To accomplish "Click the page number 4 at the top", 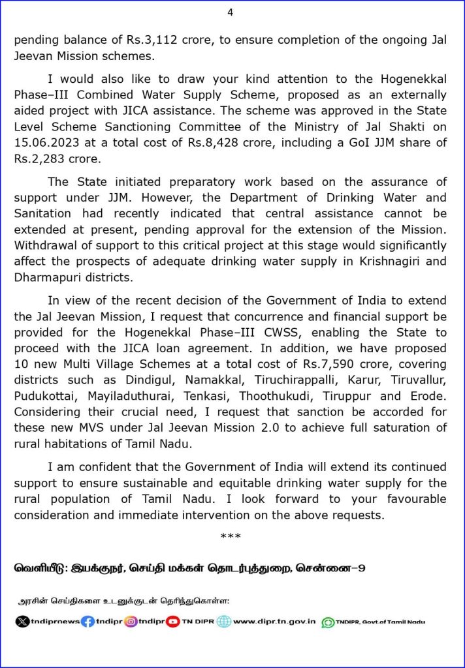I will click(x=230, y=12).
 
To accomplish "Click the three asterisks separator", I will click(x=231, y=536).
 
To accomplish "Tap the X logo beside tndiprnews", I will click(x=22, y=622).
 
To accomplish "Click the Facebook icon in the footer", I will click(x=88, y=622).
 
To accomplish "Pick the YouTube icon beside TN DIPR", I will click(x=173, y=622).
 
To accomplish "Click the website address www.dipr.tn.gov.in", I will click(x=274, y=622).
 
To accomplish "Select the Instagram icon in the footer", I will click(x=131, y=622).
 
